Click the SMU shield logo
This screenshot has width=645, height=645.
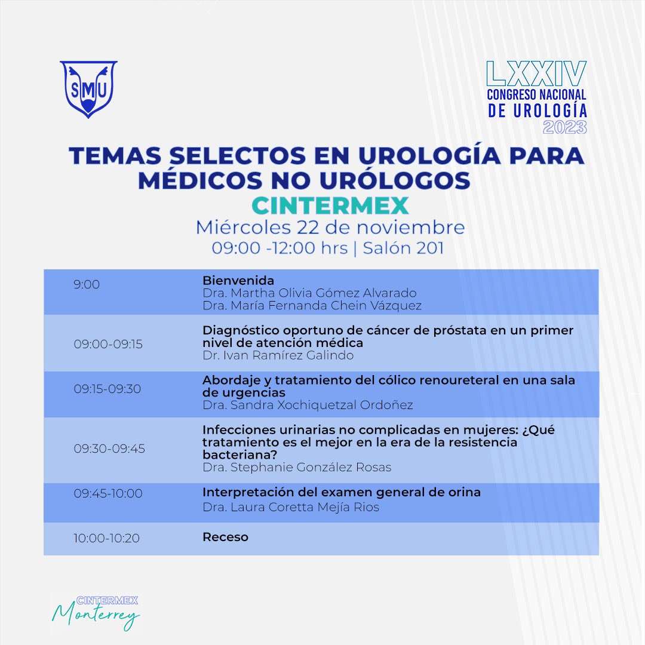pyautogui.click(x=88, y=89)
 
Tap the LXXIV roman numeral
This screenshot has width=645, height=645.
pyautogui.click(x=536, y=73)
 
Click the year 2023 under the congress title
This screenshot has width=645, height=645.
pyautogui.click(x=564, y=127)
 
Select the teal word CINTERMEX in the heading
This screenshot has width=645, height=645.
pyautogui.click(x=330, y=205)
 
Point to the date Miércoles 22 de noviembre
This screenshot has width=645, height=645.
pyautogui.click(x=330, y=228)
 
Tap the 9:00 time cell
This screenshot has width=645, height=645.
pyautogui.click(x=87, y=284)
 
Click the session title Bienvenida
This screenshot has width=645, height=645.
pyautogui.click(x=238, y=280)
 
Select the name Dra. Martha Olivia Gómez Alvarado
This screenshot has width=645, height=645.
pyautogui.click(x=309, y=293)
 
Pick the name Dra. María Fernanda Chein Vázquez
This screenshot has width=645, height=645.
pyautogui.click(x=312, y=306)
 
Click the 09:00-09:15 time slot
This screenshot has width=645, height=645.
pyautogui.click(x=108, y=344)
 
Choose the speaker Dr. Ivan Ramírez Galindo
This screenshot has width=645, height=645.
pyautogui.click(x=278, y=355)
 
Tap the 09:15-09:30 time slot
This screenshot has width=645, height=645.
pyautogui.click(x=107, y=389)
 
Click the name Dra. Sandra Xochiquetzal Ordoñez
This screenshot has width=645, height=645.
pyautogui.click(x=308, y=405)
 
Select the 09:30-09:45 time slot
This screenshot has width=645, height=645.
pyautogui.click(x=109, y=449)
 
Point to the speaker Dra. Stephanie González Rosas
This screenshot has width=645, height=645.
pyautogui.click(x=297, y=467)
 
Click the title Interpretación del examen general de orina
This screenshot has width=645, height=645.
pyautogui.click(x=342, y=492)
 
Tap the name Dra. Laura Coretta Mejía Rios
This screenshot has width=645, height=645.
pyautogui.click(x=291, y=508)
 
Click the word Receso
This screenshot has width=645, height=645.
pyautogui.click(x=225, y=537)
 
